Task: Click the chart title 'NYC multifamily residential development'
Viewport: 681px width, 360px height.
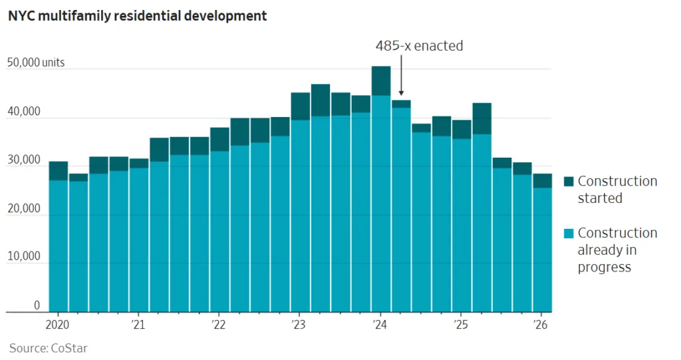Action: click(x=138, y=16)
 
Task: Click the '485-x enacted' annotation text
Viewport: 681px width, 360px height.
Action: click(x=420, y=46)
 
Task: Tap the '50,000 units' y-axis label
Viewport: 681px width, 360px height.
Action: click(x=36, y=63)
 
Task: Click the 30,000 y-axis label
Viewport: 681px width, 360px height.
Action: click(x=24, y=160)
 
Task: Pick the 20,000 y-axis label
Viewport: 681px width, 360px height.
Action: click(x=24, y=209)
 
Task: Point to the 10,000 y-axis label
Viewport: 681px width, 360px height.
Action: click(x=24, y=257)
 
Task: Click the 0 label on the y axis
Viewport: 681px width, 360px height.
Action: click(x=37, y=305)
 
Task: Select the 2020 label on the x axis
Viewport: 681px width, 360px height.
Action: click(x=57, y=325)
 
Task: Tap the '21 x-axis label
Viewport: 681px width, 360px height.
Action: click(x=138, y=325)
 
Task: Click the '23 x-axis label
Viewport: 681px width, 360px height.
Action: click(x=299, y=325)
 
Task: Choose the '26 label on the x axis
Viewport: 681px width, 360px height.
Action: click(x=542, y=325)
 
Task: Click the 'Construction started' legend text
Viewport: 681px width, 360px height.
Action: click(x=616, y=190)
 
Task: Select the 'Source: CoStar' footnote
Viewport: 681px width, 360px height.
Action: click(x=48, y=348)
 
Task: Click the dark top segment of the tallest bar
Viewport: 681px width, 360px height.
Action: click(x=381, y=81)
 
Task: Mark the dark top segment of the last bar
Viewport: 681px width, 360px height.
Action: click(x=542, y=180)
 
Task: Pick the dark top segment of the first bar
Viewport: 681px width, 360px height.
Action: click(x=59, y=170)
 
